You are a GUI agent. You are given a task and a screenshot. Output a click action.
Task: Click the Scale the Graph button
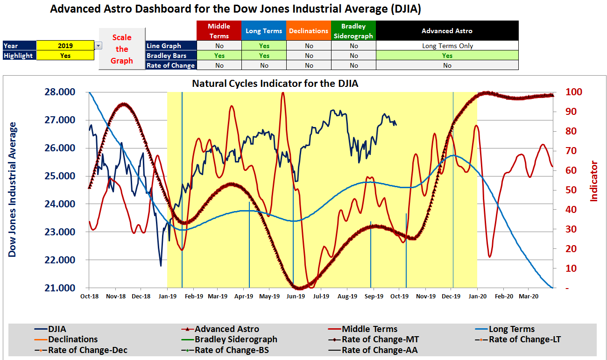[122, 49]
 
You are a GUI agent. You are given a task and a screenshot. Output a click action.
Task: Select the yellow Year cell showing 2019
[65, 46]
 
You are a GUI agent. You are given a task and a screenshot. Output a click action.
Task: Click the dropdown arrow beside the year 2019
[98, 46]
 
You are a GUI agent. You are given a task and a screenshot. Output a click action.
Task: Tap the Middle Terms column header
[219, 31]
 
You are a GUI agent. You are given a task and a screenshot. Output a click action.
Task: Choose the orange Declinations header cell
[308, 31]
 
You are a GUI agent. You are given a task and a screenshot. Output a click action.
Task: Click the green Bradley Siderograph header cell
[353, 31]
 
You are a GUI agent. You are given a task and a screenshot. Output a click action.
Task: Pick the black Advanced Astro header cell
[447, 31]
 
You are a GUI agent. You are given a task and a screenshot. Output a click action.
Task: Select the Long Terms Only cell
[447, 46]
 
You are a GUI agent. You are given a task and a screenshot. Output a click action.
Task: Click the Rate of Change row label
[170, 65]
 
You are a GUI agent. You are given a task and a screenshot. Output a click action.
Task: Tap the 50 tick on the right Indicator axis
[560, 190]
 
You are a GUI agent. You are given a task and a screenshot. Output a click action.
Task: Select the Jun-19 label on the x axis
[296, 296]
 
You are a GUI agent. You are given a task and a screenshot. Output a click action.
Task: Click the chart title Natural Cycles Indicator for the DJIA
[275, 84]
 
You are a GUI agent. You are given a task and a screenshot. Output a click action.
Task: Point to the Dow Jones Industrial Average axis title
[13, 189]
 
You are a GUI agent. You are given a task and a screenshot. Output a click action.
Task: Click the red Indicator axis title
[594, 181]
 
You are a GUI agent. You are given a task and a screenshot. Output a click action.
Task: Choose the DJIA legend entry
[57, 329]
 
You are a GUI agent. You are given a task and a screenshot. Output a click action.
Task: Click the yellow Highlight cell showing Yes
[65, 56]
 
